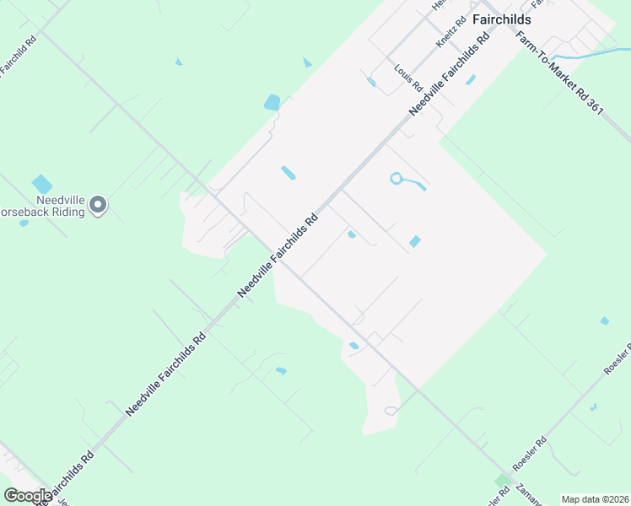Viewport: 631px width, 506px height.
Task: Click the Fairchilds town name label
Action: coord(501,19)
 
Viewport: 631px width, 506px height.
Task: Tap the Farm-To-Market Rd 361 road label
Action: coord(559,75)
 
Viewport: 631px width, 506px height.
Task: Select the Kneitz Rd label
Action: coord(451,33)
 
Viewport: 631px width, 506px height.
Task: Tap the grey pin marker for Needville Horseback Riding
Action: coord(99,204)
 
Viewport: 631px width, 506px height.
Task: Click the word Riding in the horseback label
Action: coord(68,213)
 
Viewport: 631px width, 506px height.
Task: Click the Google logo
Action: coord(28,496)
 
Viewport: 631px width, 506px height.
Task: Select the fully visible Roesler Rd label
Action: coord(531,454)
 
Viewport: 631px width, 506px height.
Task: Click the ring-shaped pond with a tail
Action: coord(396,178)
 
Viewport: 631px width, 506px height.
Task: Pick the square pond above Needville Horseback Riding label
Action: coord(41,183)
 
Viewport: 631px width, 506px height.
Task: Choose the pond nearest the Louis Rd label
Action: coord(371,82)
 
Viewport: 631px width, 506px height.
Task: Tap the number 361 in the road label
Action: coord(596,108)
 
